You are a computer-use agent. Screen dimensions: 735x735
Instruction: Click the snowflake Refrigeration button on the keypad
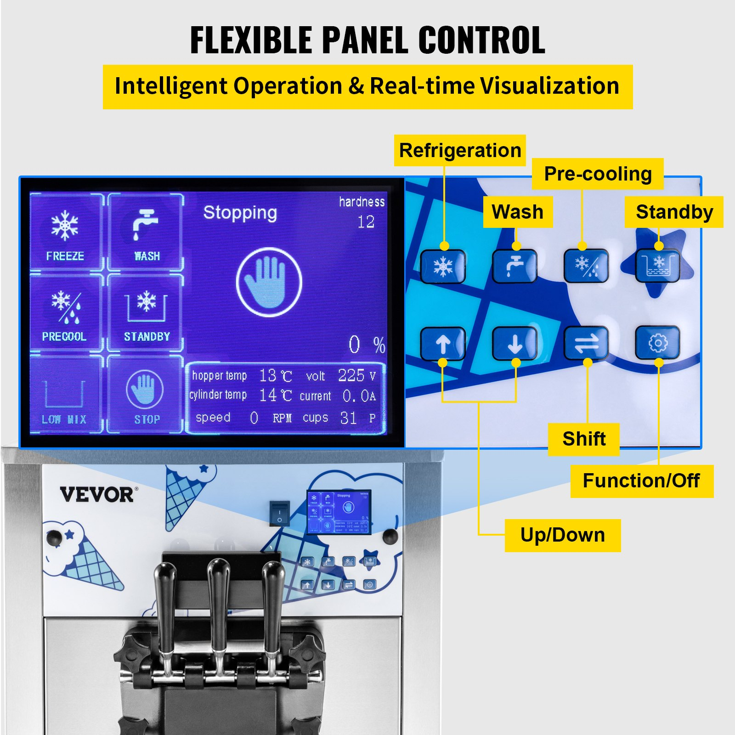(x=443, y=266)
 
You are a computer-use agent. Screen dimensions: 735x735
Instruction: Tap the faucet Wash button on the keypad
(x=514, y=266)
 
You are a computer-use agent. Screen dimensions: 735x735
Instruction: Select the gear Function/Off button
(x=658, y=343)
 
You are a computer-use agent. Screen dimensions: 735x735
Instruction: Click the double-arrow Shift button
(x=586, y=343)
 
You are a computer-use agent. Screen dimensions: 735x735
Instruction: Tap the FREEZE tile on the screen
(x=65, y=232)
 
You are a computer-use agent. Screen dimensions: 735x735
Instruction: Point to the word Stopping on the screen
(x=240, y=213)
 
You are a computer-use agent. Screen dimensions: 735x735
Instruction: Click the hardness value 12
(x=366, y=222)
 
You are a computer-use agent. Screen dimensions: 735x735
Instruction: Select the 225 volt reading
(x=351, y=375)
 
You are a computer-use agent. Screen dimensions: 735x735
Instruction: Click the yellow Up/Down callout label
(x=562, y=535)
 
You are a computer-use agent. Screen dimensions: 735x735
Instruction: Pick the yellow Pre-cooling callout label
(x=598, y=174)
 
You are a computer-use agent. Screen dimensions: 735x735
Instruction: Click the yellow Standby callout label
(x=674, y=212)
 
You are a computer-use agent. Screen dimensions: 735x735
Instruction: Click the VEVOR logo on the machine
(x=97, y=495)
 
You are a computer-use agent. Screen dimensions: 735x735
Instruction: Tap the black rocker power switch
(x=279, y=513)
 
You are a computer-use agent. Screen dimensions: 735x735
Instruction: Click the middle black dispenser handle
(x=219, y=597)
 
